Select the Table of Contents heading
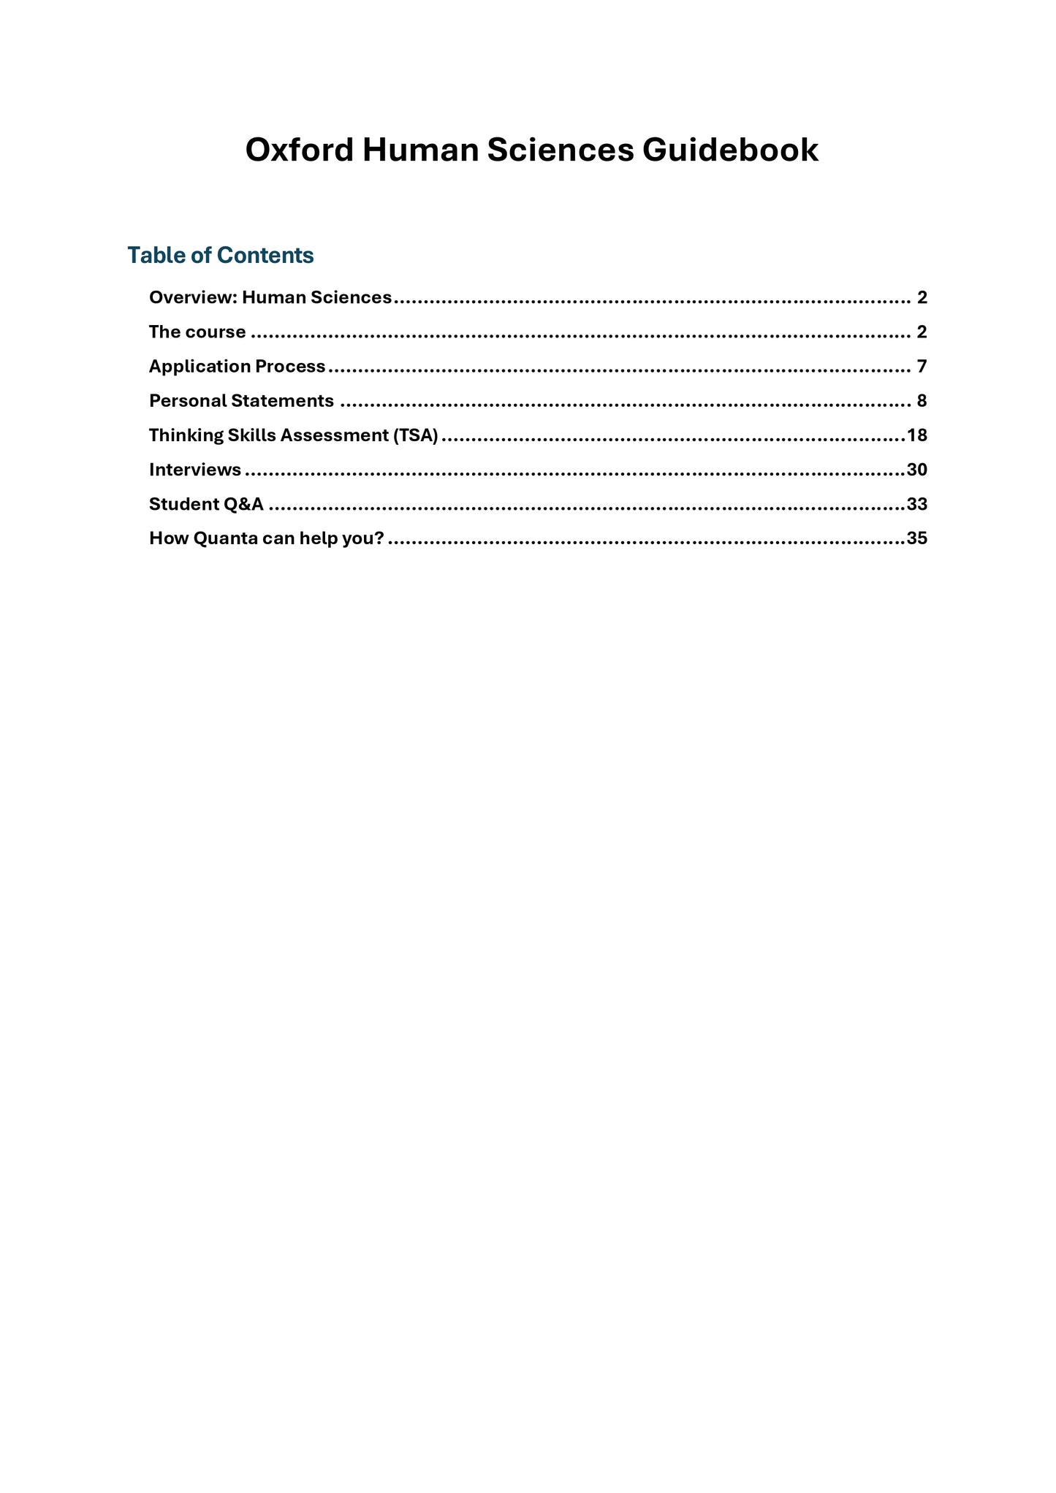click(x=220, y=255)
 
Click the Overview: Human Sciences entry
click(x=270, y=297)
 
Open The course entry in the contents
click(x=197, y=332)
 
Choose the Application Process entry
click(x=237, y=366)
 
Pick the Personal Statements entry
click(x=241, y=400)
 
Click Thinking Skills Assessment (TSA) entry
click(x=293, y=435)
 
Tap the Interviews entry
click(x=195, y=470)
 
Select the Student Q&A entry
click(x=206, y=504)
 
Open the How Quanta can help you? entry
click(x=266, y=538)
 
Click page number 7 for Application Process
click(x=922, y=366)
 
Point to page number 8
click(x=922, y=400)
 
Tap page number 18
click(x=916, y=435)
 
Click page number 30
click(x=916, y=470)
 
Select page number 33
click(x=916, y=504)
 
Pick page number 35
click(x=916, y=538)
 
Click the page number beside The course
click(x=922, y=332)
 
